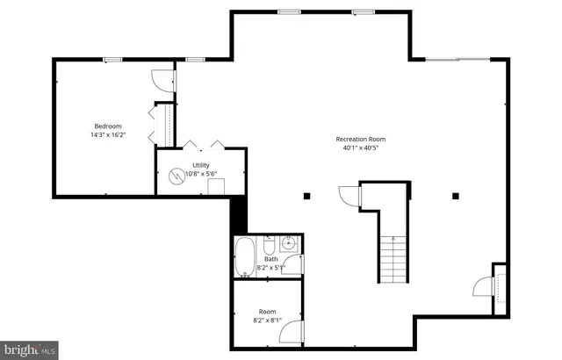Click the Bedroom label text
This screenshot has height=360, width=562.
(108, 126)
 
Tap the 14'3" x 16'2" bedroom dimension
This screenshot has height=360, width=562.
(108, 135)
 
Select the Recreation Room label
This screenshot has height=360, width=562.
(360, 139)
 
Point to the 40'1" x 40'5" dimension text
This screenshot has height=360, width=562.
(360, 148)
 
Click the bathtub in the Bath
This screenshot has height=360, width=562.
(245, 258)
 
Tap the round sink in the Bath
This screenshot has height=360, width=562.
(289, 242)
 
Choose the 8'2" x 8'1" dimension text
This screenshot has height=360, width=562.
(267, 320)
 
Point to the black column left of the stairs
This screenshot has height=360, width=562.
(306, 195)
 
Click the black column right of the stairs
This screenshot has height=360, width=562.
(455, 195)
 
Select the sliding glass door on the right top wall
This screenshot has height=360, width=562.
(458, 60)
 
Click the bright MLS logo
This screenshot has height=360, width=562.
(29, 349)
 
